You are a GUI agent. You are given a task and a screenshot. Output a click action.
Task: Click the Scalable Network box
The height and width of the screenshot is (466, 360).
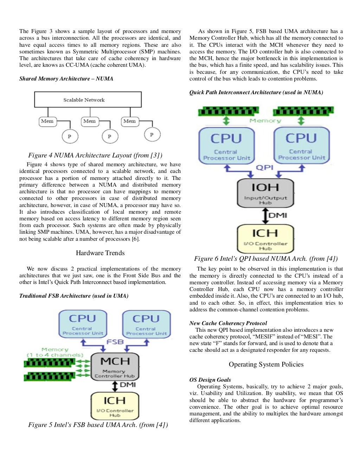pos(88,99)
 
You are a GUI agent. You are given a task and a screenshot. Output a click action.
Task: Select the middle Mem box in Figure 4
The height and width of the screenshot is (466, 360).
pos(89,121)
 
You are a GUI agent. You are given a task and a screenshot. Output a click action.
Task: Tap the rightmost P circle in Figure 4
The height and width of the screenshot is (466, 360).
pos(152,135)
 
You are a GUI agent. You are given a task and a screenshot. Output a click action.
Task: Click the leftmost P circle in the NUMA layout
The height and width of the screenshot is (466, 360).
pos(69,136)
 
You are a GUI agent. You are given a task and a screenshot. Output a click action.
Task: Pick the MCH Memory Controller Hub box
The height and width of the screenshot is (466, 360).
pos(115,367)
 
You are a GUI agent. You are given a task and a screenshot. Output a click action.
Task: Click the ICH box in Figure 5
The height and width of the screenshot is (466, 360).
pos(115,406)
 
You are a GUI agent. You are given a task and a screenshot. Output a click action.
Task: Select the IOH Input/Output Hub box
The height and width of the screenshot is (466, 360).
pos(265,193)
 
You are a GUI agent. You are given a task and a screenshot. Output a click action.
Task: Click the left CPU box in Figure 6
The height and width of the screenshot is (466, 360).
pos(226,145)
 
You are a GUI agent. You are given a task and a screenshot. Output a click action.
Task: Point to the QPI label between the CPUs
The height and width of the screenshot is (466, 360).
pos(264,167)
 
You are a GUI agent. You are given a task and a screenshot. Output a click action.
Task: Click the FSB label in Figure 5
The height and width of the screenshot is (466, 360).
pos(115,342)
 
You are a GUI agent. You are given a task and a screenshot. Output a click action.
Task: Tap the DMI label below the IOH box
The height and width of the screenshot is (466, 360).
pos(278,215)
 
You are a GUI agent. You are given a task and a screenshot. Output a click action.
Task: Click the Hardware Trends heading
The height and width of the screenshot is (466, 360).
pos(100,253)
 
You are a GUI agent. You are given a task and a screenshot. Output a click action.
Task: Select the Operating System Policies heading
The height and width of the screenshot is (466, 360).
pos(266,364)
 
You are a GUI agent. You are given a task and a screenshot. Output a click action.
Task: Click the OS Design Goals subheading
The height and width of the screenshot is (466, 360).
pos(210,380)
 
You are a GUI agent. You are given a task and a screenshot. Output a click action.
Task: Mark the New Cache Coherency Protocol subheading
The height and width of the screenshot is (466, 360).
pos(228,323)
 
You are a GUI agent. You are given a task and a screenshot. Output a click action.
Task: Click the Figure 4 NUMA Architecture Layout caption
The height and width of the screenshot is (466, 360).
pos(95,155)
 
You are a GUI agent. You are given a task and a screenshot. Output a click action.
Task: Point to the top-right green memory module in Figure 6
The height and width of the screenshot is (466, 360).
pos(303,112)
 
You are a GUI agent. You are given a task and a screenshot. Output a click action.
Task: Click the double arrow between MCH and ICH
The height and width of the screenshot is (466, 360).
pos(115,386)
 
